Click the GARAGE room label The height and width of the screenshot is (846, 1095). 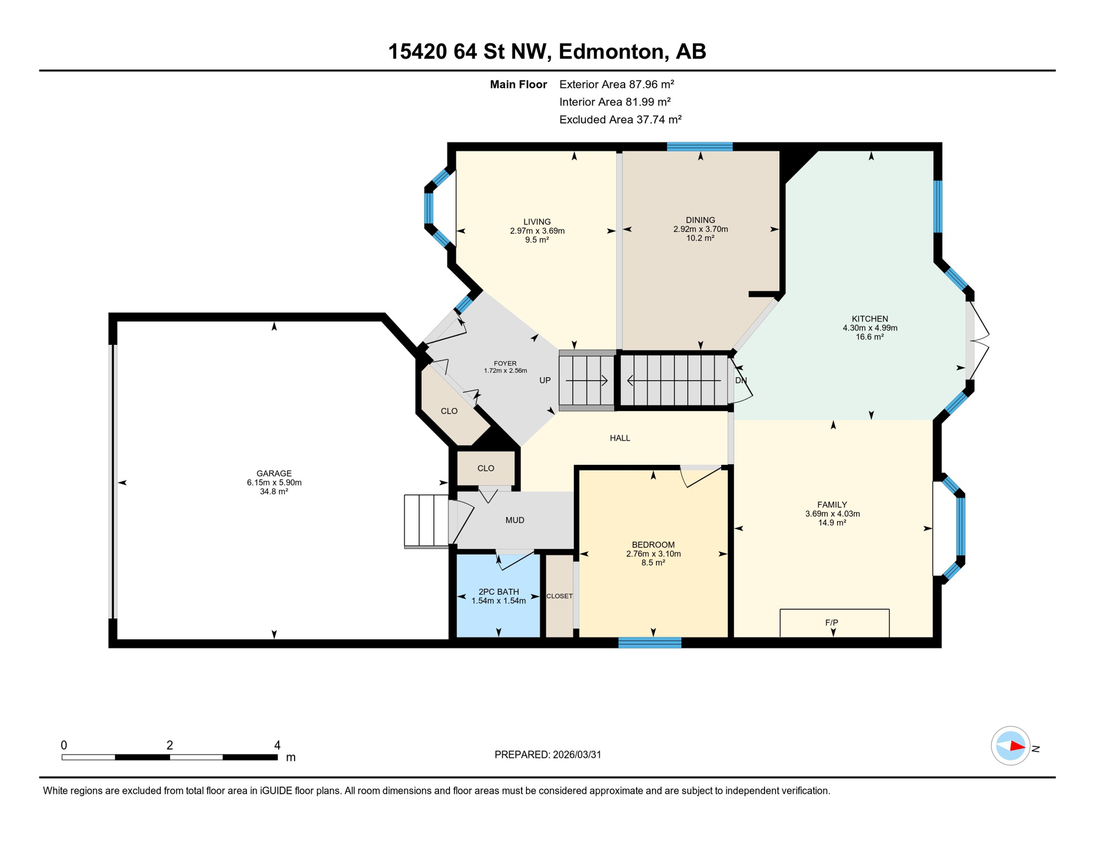pos(274,473)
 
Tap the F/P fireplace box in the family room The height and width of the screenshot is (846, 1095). pos(833,623)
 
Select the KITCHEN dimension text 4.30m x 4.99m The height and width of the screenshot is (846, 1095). pos(870,328)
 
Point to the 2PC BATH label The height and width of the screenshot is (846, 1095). pos(498,592)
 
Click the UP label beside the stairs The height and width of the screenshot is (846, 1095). pos(545,380)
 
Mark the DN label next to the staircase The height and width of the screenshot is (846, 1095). pos(741,380)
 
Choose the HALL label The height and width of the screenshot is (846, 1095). pos(620,438)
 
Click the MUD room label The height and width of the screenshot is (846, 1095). pos(514,520)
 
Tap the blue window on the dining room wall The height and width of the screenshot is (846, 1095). pos(700,147)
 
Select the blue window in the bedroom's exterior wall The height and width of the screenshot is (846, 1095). pos(649,642)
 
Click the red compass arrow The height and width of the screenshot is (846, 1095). pos(1017,747)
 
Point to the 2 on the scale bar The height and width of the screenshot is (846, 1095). pos(170,745)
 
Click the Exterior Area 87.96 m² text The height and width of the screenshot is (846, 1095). pos(616,84)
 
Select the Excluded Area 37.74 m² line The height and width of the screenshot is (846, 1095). pos(620,120)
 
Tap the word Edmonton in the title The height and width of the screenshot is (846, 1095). pos(613,51)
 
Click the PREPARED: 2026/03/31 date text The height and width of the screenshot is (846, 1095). pos(547,755)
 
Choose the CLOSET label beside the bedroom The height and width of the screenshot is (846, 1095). pos(559,596)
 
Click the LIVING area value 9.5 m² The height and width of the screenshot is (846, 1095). pos(536,240)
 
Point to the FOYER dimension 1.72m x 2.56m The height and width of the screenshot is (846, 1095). pos(505,371)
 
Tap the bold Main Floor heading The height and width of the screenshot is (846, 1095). pos(518,84)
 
